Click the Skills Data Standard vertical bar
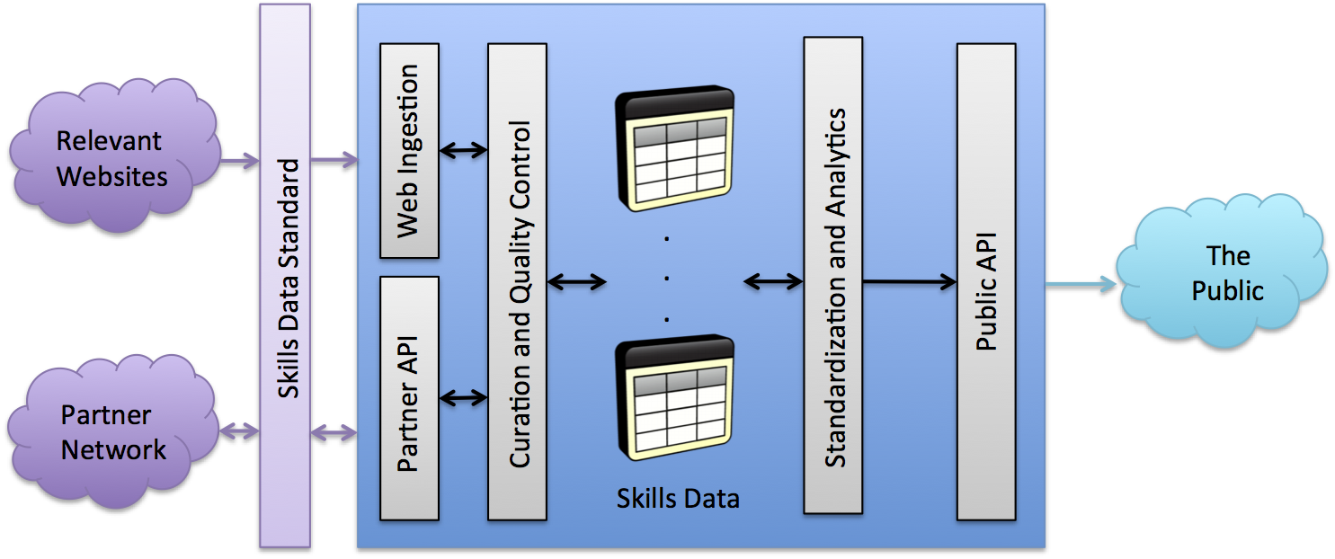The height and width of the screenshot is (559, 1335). (x=285, y=277)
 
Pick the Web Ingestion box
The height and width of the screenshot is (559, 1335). (x=409, y=150)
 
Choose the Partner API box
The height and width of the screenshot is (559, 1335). (x=409, y=398)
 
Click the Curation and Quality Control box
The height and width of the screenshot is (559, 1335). (x=517, y=281)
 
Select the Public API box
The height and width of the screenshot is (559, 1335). (x=986, y=281)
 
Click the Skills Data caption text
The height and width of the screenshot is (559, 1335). (x=678, y=498)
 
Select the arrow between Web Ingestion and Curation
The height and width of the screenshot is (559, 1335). (x=464, y=150)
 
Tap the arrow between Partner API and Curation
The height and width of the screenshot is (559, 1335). (x=464, y=396)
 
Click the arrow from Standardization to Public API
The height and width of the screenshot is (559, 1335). (x=910, y=282)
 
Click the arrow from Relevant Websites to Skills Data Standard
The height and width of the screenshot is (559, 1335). (x=239, y=162)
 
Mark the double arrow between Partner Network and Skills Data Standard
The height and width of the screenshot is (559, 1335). (x=239, y=432)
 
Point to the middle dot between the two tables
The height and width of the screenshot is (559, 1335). (x=667, y=278)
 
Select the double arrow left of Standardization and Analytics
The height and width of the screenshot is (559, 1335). (x=773, y=282)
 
